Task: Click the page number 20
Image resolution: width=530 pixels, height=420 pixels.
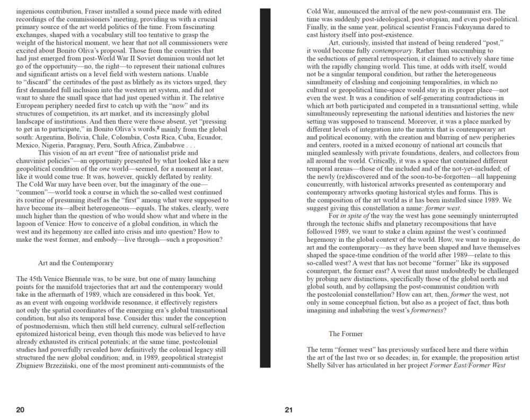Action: click(20, 409)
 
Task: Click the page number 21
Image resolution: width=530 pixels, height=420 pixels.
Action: click(288, 409)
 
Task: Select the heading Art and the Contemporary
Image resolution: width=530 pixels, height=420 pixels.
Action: click(76, 263)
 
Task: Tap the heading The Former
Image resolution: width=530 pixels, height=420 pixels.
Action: click(346, 334)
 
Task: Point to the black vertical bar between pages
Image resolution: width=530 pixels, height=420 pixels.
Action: click(264, 188)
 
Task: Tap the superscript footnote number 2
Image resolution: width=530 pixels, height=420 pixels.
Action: click(158, 129)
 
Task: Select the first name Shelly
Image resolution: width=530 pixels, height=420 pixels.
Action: click(316, 365)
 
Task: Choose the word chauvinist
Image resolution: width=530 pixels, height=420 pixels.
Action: click(33, 161)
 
